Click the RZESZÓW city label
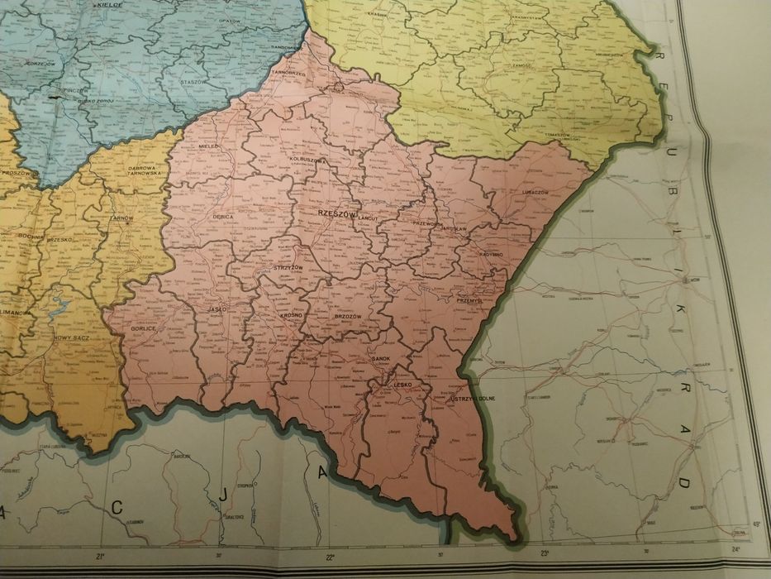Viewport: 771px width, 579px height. pos(336,213)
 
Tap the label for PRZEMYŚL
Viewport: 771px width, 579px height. pos(469,301)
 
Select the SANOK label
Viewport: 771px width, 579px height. pos(382,358)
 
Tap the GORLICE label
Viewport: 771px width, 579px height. pos(145,328)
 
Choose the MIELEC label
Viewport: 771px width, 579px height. pos(210,146)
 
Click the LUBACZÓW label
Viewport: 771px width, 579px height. pos(535,191)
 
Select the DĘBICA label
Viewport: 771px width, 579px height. pos(224,216)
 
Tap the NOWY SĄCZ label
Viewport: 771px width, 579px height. pos(71,337)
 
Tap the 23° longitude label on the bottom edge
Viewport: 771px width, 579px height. pos(545,553)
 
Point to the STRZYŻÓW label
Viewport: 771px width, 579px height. pos(288,269)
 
